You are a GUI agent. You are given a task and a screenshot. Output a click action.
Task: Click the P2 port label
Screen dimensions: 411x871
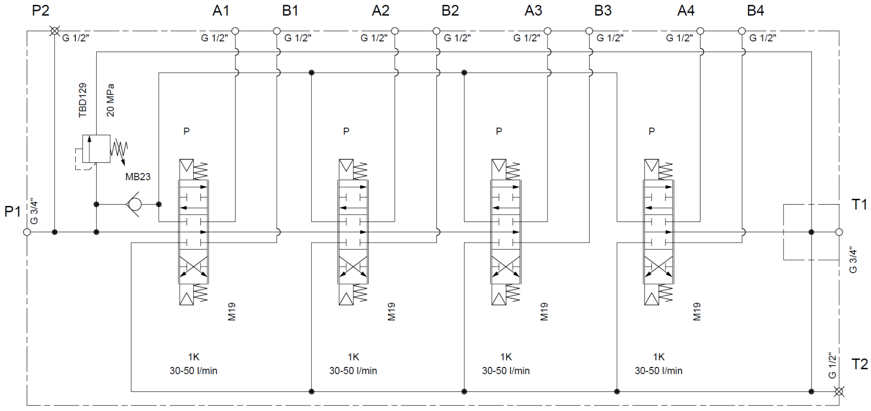point(40,10)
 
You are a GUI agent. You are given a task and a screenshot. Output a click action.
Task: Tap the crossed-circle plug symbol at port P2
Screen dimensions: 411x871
point(54,31)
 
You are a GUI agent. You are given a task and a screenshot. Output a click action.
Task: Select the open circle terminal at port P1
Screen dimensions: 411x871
point(27,232)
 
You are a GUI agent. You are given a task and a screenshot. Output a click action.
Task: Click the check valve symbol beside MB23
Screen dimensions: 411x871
point(134,205)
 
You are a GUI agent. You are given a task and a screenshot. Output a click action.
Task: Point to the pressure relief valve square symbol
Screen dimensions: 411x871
point(96,148)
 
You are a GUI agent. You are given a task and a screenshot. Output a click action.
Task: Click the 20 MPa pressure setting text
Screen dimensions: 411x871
point(111,100)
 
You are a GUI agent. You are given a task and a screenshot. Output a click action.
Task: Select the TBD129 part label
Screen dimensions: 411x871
point(83,100)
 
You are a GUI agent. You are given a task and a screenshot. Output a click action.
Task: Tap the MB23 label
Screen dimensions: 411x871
point(138,177)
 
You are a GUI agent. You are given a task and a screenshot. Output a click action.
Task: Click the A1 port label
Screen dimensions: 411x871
point(221,10)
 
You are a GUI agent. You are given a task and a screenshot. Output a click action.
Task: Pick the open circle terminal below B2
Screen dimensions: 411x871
point(436,31)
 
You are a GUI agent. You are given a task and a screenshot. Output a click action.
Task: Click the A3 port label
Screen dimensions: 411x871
point(533,10)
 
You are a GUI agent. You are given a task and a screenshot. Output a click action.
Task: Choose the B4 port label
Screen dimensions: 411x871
point(755,10)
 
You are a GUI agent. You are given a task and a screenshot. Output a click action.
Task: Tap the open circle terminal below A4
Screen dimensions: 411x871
point(700,31)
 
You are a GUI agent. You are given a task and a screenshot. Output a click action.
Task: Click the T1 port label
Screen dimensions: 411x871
point(859,205)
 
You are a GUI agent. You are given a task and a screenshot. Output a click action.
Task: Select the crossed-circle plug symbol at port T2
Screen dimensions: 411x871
point(839,391)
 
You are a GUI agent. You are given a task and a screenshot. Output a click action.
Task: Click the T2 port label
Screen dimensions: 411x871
point(859,364)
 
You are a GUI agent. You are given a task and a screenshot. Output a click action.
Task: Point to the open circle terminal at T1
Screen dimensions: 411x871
point(839,232)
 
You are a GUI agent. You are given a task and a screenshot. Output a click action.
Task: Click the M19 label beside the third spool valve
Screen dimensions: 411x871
point(544,312)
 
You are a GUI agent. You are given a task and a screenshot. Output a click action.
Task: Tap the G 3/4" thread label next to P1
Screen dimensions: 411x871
point(34,211)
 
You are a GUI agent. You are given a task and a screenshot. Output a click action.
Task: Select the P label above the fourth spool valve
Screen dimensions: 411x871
point(651,132)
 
